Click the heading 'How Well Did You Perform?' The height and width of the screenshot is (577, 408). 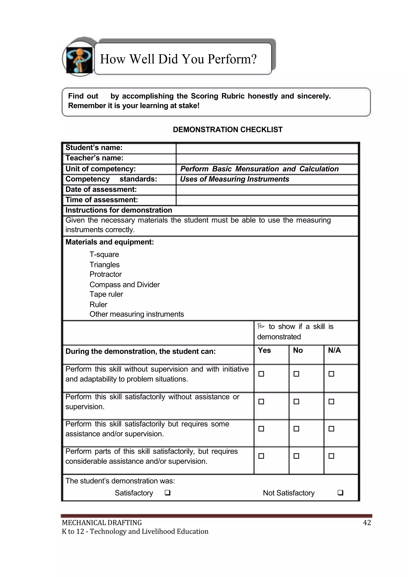pos(178,59)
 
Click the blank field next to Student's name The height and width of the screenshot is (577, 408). pos(267,148)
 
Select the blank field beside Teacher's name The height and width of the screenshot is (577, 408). pos(267,159)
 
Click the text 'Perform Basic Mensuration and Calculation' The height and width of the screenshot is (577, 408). pos(259,169)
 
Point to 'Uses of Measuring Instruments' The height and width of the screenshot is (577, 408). pos(234,179)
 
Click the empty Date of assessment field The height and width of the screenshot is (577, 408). pos(267,190)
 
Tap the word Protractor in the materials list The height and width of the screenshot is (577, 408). pos(106,274)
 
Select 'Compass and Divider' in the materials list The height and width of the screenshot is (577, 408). pos(125,285)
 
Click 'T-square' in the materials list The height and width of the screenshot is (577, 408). pos(104,254)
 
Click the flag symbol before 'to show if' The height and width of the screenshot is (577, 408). pos(261,326)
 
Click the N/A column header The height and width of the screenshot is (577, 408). pos(334,350)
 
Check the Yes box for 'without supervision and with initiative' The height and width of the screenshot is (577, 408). pos(261,374)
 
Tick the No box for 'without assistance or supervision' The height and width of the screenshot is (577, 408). pos(296,402)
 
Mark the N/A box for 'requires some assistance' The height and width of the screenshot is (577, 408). pos(331,429)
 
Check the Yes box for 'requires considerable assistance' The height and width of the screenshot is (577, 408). pos(261,456)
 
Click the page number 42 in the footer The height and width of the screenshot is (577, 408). pos(367,523)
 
